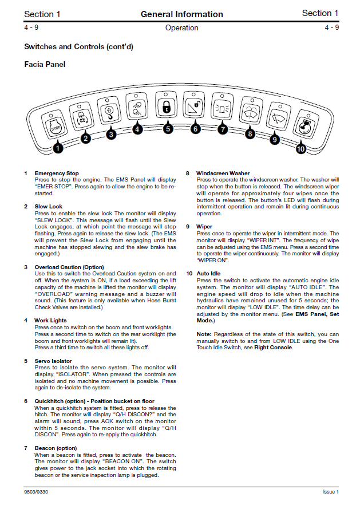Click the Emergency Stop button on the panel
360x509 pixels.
53,127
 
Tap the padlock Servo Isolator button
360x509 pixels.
167,106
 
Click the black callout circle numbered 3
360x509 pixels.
111,134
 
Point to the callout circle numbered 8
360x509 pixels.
250,134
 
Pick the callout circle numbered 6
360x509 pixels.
195,129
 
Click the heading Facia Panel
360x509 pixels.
45,65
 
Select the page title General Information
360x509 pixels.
181,14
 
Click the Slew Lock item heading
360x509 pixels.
49,206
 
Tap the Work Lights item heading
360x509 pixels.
50,320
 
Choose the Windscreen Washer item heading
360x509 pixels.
223,173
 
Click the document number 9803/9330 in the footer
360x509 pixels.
35,491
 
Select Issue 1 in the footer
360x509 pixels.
330,491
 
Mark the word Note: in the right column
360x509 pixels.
204,334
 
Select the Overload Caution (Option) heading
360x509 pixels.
69,267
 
